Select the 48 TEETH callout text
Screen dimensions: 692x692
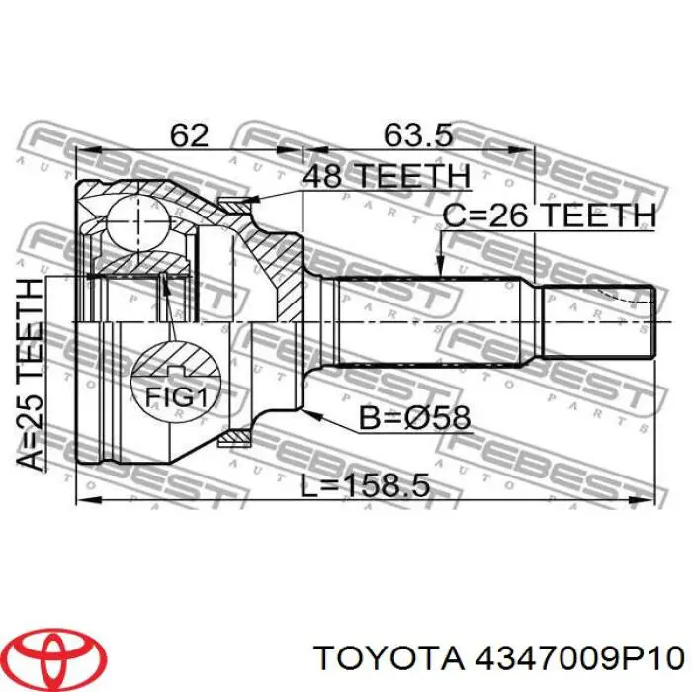386,176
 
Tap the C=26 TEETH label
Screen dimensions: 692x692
549,215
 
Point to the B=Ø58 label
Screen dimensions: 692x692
414,418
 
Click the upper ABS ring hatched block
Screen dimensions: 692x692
235,204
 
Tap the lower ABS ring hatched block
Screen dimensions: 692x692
235,436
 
